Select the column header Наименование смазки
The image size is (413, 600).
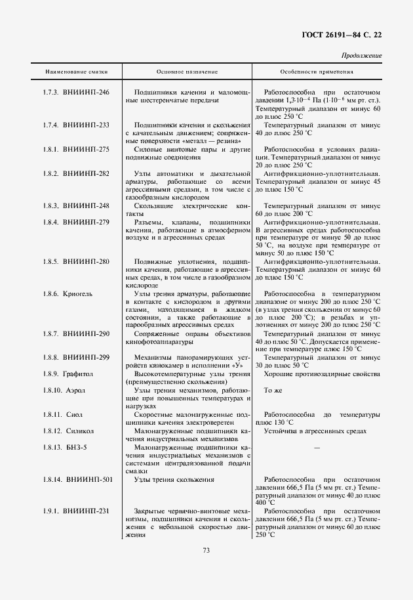(x=76, y=71)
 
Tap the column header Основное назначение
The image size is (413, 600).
(x=187, y=71)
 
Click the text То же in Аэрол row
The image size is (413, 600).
(x=272, y=390)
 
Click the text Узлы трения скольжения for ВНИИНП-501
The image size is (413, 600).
(x=174, y=480)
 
